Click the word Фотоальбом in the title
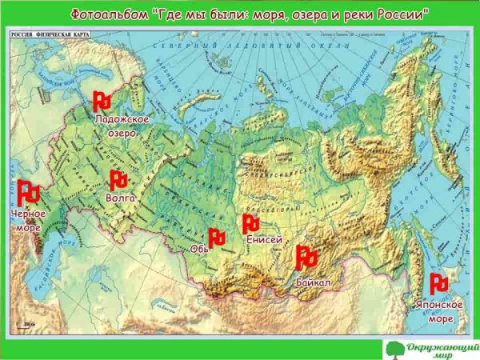pyautogui.click(x=104, y=14)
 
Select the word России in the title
pyautogui.click(x=401, y=14)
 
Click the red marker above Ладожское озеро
pyautogui.click(x=102, y=102)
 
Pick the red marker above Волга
pyautogui.click(x=118, y=179)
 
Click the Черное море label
pyautogui.click(x=27, y=221)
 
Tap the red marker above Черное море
pyautogui.click(x=29, y=192)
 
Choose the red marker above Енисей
pyautogui.click(x=251, y=223)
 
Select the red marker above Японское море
pyautogui.click(x=438, y=283)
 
